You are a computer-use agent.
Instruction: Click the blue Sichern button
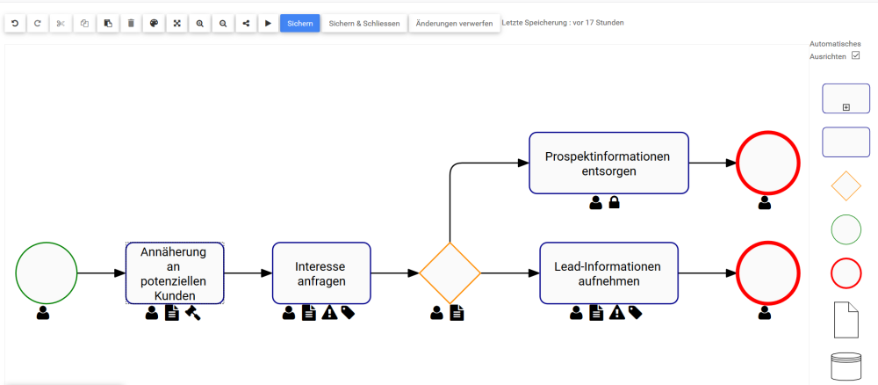(299, 23)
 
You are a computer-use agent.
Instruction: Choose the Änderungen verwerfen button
(454, 23)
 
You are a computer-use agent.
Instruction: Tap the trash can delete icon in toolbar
(131, 23)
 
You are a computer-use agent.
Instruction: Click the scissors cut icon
(61, 23)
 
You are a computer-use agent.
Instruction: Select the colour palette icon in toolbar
(154, 23)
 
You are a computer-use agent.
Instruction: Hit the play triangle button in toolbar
(269, 23)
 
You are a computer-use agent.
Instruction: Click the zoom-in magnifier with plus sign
(200, 23)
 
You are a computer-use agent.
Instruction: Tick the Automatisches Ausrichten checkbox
(855, 55)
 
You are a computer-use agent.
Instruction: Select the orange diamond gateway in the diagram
(450, 273)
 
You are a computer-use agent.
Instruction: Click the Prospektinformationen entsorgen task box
(608, 163)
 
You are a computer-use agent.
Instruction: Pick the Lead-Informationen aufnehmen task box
(608, 273)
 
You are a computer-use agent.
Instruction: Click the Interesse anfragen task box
(321, 273)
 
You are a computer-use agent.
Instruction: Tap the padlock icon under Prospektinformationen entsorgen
(615, 203)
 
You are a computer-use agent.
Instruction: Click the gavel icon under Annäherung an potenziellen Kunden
(192, 312)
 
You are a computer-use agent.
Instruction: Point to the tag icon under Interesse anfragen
(348, 312)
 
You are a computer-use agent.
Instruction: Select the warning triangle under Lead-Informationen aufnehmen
(616, 312)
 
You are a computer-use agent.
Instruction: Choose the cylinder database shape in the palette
(846, 367)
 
